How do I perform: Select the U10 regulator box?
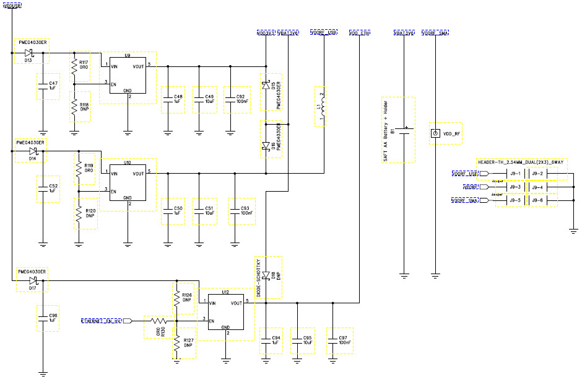point(128,183)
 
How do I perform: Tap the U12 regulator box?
point(225,313)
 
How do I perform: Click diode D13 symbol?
point(28,53)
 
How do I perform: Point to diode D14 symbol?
point(33,151)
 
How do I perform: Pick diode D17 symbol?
point(32,280)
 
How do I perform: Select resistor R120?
point(79,214)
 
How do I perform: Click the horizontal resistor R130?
point(156,321)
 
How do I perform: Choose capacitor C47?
point(43,86)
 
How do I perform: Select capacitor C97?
point(335,341)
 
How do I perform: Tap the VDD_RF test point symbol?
point(435,133)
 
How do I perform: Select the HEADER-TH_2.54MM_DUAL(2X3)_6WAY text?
point(519,161)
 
